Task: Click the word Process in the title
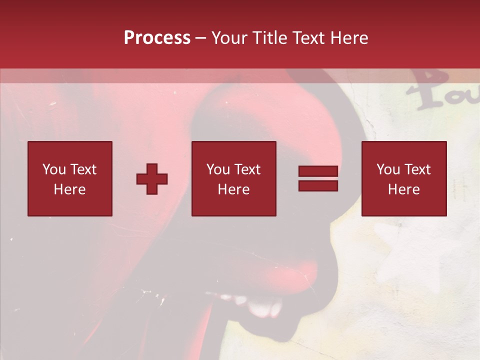tap(157, 38)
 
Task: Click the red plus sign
tap(152, 179)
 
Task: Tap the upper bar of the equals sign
tap(318, 171)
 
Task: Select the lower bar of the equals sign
tap(318, 185)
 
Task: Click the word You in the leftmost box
tap(54, 169)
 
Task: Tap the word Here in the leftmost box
tap(69, 189)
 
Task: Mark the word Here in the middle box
tap(233, 189)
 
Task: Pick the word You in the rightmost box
tap(388, 169)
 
